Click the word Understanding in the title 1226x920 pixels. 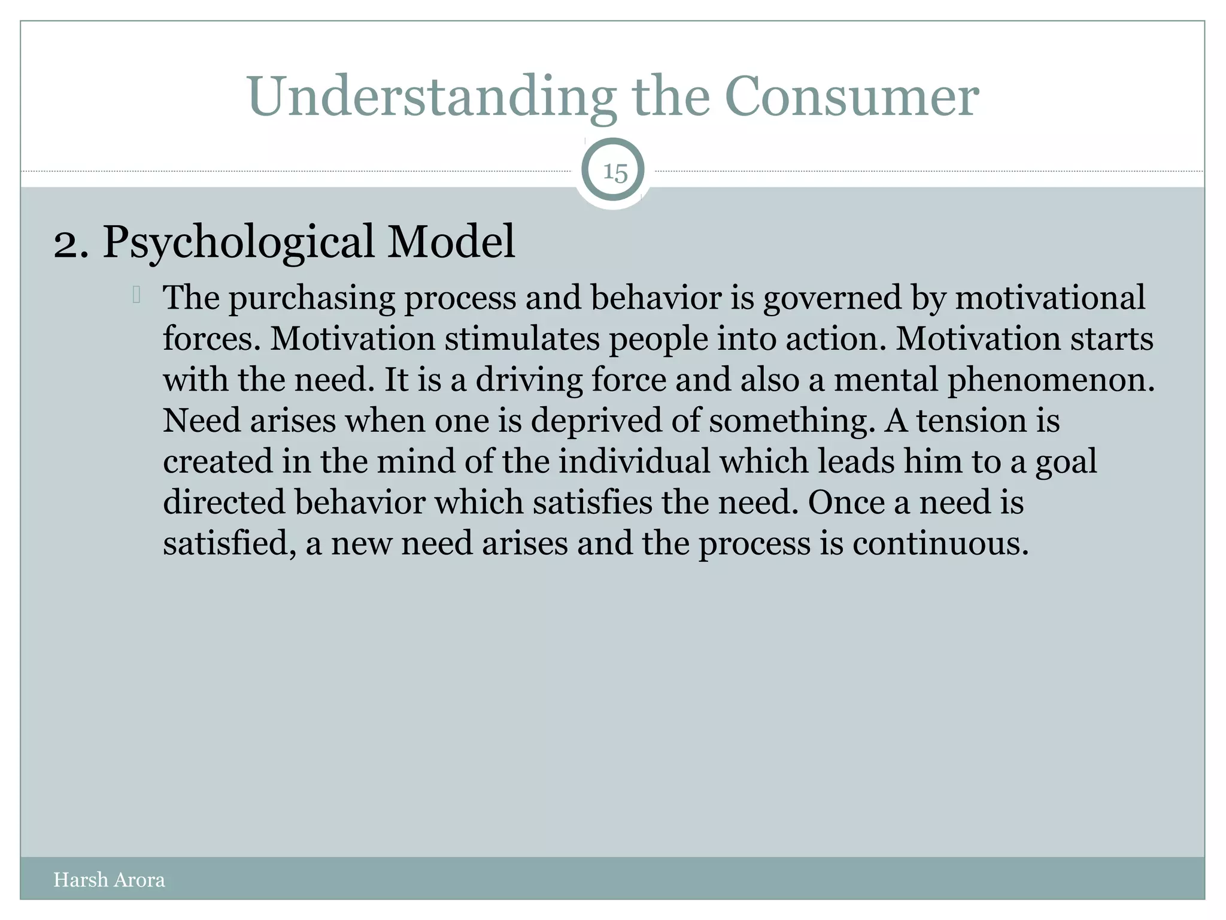pos(431,97)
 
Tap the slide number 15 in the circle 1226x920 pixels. pos(615,172)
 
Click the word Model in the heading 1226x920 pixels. pos(451,241)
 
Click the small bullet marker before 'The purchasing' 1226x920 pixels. pos(136,295)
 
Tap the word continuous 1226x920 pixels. pos(940,544)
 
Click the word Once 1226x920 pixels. pos(846,503)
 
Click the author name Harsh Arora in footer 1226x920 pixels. pos(109,880)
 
